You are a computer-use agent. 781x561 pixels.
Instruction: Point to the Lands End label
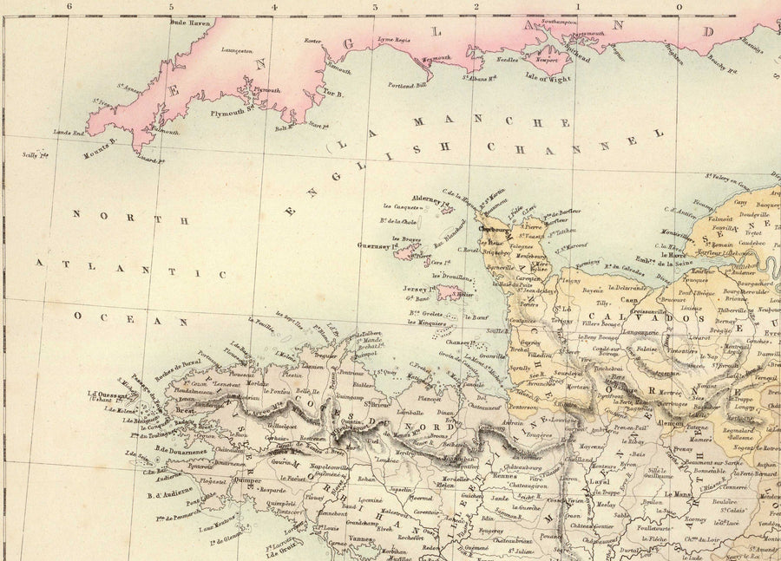[x=68, y=133]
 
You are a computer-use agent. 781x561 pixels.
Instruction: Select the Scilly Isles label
[x=35, y=154]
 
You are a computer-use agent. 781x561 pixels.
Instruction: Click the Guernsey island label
[x=374, y=246]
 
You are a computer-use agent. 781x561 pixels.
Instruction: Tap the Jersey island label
[x=418, y=290]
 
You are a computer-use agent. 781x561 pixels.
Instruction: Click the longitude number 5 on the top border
[x=171, y=7]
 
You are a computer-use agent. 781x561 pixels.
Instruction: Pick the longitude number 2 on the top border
[x=476, y=7]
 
